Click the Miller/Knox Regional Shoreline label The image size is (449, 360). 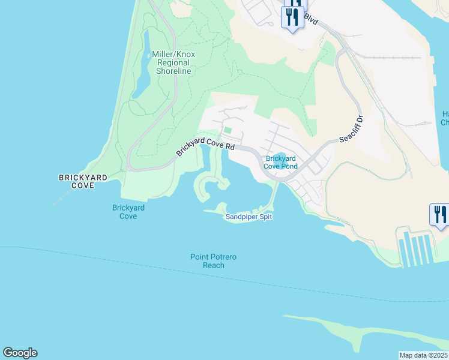173,62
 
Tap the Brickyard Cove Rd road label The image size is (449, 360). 205,147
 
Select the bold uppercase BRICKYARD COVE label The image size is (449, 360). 83,182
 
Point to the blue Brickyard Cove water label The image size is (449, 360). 128,212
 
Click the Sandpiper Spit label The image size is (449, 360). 249,217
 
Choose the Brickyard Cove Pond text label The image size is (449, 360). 282,162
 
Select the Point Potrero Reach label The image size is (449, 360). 214,261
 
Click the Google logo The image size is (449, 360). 20,353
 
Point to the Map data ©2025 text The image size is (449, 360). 423,355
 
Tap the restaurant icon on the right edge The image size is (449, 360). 439,215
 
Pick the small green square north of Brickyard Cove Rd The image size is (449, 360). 228,131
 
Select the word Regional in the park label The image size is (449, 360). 174,62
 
